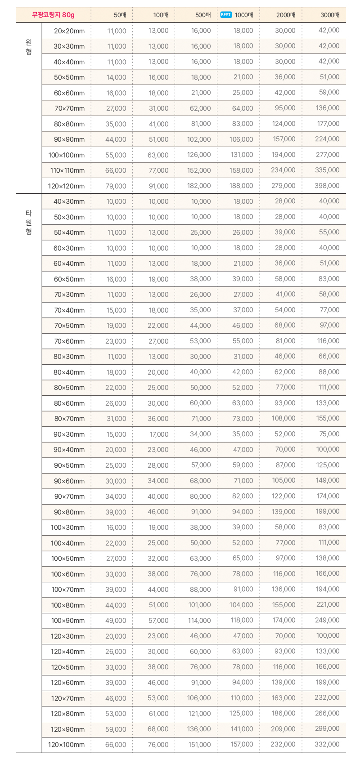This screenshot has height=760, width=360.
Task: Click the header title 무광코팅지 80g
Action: click(x=53, y=15)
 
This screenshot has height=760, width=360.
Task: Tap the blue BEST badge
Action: click(x=226, y=15)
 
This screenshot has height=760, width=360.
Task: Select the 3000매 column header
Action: click(x=330, y=15)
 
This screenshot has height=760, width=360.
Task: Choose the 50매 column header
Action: click(x=120, y=15)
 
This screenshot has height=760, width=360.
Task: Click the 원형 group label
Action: click(x=29, y=47)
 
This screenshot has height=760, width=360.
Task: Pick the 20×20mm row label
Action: click(x=69, y=31)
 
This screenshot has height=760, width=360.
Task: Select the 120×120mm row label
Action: click(x=66, y=186)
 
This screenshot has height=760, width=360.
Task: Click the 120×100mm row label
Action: click(x=66, y=745)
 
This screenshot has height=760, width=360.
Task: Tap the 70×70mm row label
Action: click(x=70, y=108)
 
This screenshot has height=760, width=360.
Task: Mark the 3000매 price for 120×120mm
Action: click(x=327, y=186)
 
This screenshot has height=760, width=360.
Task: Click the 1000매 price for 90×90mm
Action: click(x=241, y=139)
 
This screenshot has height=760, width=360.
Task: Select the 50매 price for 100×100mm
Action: click(x=116, y=155)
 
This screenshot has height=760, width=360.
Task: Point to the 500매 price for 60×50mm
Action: click(x=200, y=279)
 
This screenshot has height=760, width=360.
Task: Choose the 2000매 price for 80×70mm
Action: click(x=283, y=418)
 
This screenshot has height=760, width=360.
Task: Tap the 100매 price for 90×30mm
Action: click(x=159, y=434)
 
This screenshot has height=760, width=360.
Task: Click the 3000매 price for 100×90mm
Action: click(x=327, y=620)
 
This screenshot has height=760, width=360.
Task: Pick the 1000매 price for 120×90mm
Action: click(x=242, y=729)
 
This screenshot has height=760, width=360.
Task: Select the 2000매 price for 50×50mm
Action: click(x=285, y=77)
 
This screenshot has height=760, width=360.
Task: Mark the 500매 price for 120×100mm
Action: click(x=199, y=745)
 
